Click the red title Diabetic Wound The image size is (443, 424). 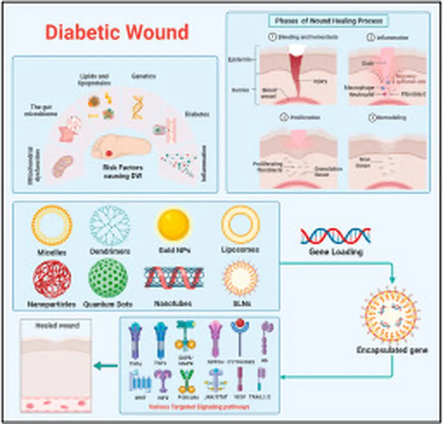point(117,33)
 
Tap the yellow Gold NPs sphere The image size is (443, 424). point(173,225)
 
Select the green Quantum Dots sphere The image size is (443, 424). point(108,278)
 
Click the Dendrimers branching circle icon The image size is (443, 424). point(109,225)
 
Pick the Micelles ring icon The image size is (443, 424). point(52,225)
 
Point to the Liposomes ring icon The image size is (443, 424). point(241,225)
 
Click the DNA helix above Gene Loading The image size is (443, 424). point(335,236)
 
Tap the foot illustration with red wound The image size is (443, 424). point(121,147)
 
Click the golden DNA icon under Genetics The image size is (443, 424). point(138,107)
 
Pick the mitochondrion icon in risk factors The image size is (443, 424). point(63,167)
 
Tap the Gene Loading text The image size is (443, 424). point(335,252)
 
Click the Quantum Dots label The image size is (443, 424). point(108,304)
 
